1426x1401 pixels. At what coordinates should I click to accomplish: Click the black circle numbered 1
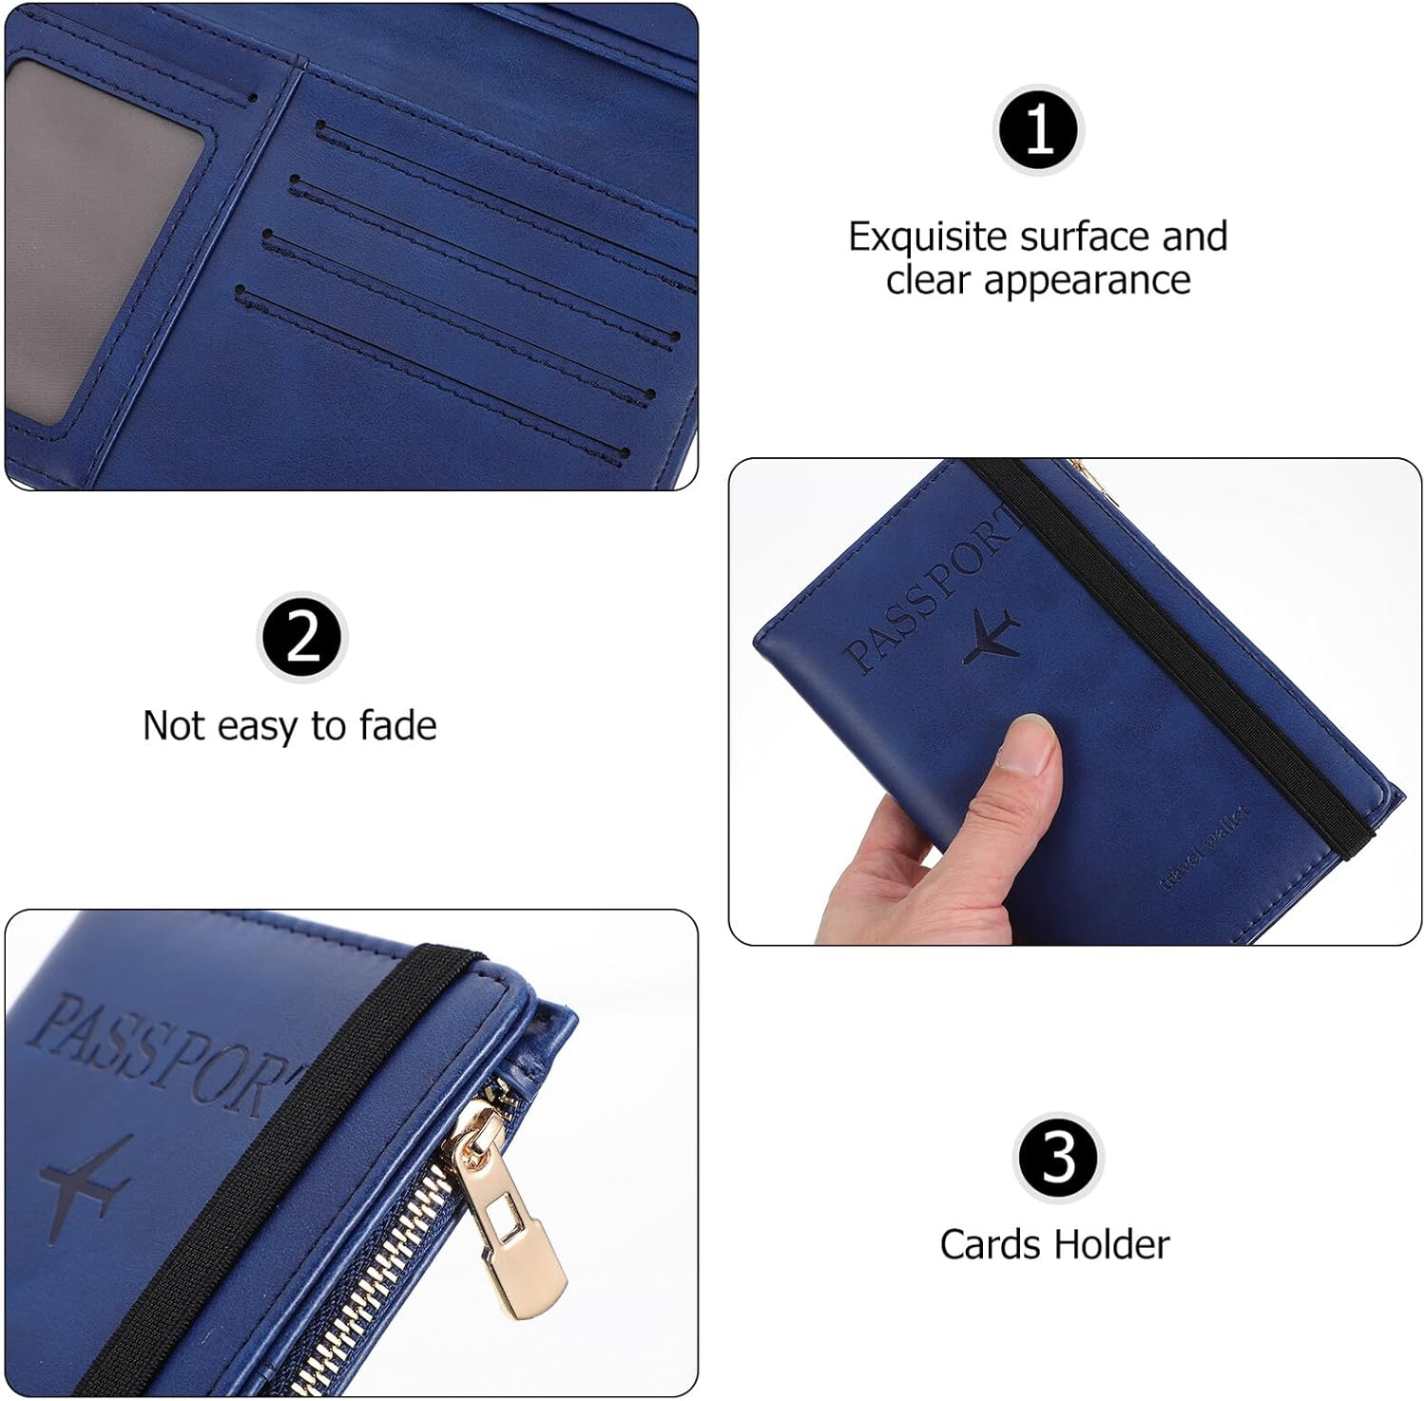pos(1038,129)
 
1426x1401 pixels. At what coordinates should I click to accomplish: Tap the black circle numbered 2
pos(302,638)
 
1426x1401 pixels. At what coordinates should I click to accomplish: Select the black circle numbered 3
pos(1058,1158)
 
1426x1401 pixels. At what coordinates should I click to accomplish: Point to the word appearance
pos(1087,281)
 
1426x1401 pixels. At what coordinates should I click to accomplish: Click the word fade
pos(397,726)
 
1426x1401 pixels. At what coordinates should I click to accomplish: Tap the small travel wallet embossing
pos(1204,848)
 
